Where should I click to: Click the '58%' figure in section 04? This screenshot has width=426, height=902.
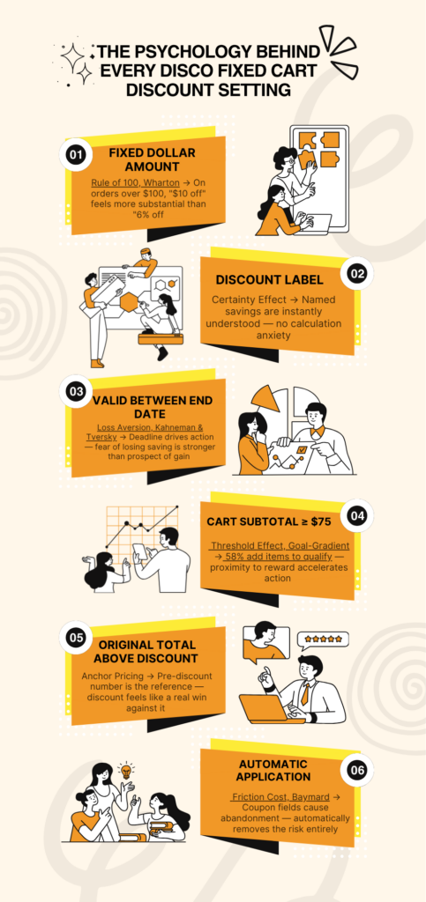coord(236,558)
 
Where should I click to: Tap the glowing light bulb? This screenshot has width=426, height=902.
coord(124,769)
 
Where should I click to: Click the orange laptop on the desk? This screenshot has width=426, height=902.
coord(272,707)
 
